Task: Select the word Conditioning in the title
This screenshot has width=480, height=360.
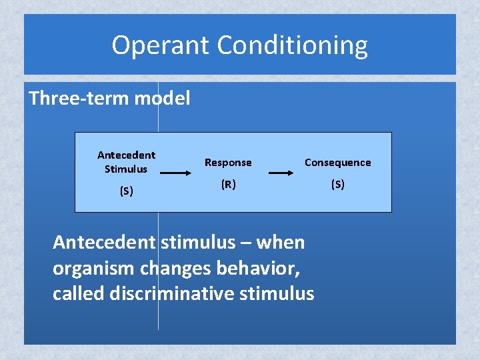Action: point(293,45)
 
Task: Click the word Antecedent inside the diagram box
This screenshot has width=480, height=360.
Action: point(126,155)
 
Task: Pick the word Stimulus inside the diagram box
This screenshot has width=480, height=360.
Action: point(126,169)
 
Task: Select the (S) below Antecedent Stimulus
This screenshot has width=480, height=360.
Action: point(126,191)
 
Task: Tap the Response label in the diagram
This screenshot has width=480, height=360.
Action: point(228,163)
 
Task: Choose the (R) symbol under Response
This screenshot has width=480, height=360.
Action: point(228,185)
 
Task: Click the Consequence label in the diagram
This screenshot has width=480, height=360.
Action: point(337,163)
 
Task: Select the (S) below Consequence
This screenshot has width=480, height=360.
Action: point(337,185)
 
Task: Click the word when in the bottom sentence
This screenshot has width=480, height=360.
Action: point(280,242)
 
